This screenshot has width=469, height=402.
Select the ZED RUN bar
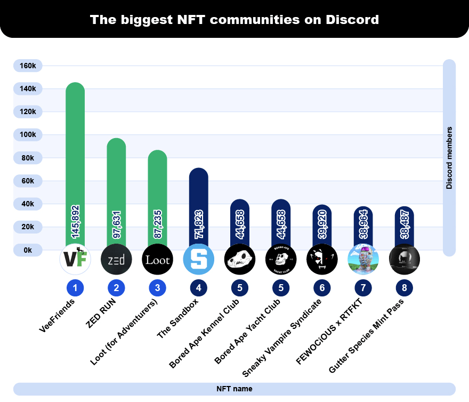tap(116, 181)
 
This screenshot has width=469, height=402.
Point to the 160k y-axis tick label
tap(28, 66)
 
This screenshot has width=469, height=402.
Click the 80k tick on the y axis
tap(28, 158)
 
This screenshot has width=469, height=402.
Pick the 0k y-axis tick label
tap(28, 250)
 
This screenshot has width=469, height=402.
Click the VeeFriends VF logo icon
tap(75, 260)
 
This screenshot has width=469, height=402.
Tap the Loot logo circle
tap(157, 260)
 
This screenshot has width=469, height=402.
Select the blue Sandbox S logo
tap(198, 260)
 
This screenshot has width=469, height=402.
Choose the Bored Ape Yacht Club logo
tap(280, 260)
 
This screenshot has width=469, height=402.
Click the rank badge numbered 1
tap(75, 288)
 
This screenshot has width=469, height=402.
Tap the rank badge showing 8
tap(404, 288)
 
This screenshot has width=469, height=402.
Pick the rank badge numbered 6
tap(322, 288)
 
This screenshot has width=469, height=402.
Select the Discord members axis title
tap(449, 158)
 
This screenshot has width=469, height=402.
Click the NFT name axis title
tap(234, 389)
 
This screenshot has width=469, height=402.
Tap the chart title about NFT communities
tap(234, 20)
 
